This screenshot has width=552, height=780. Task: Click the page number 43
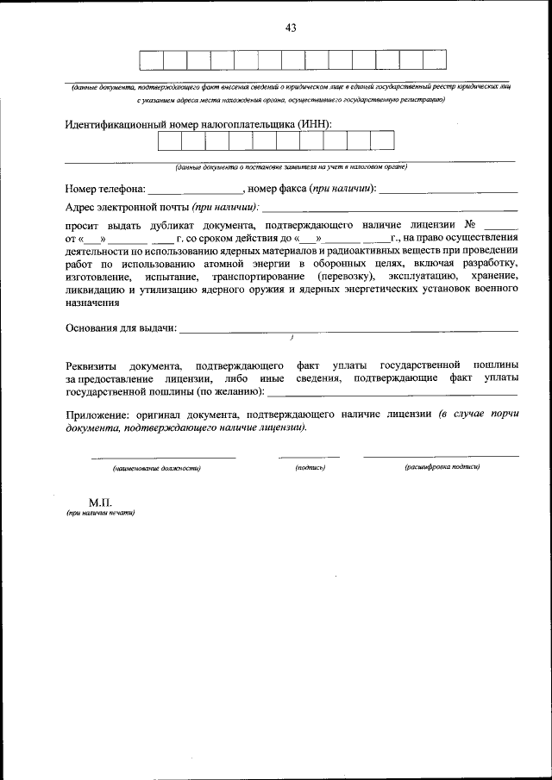[x=291, y=28]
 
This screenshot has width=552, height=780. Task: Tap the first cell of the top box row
[x=151, y=60]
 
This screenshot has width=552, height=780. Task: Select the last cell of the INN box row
[x=382, y=140]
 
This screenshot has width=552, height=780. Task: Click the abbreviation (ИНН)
[x=315, y=125]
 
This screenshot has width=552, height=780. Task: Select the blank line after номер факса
[x=448, y=188]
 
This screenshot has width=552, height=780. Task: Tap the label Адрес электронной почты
[x=127, y=207]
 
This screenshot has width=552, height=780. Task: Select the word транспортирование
[x=260, y=276]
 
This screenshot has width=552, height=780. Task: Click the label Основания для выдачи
[x=121, y=328]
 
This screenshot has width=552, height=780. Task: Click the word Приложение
[x=99, y=414]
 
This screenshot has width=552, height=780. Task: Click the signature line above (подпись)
[x=309, y=455]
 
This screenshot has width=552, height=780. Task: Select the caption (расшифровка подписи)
[x=442, y=467]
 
